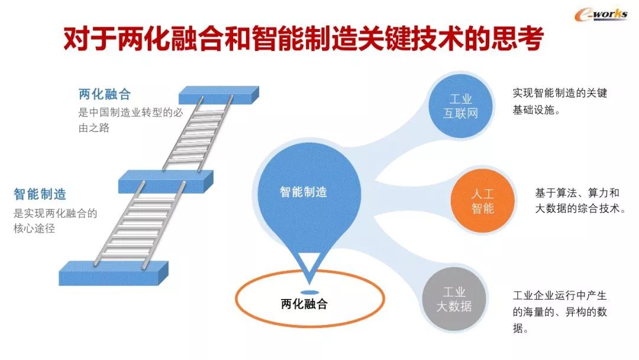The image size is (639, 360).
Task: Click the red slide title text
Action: tap(302, 40)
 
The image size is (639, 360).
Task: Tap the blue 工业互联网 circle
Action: tap(460, 107)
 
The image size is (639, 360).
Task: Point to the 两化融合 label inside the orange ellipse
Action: tap(304, 304)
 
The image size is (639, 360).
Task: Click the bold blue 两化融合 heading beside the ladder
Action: tap(104, 94)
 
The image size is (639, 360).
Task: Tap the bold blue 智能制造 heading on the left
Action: tap(40, 194)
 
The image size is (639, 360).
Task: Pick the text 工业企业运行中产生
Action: tap(560, 295)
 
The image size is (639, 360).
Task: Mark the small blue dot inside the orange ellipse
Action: tap(309, 292)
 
